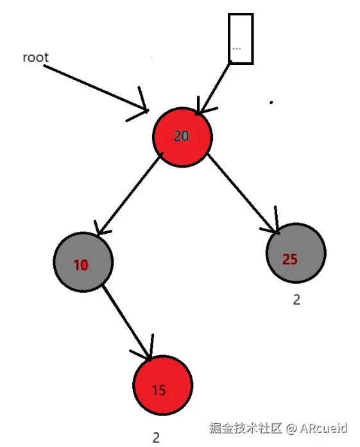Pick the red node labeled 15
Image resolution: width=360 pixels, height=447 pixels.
(x=162, y=385)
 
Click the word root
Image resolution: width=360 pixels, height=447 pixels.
(x=35, y=58)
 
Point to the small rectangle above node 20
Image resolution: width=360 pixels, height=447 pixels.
(x=241, y=39)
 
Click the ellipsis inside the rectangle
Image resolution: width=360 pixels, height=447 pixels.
(x=237, y=49)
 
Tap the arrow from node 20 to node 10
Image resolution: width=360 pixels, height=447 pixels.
(x=128, y=193)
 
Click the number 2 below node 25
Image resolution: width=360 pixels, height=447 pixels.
(x=296, y=300)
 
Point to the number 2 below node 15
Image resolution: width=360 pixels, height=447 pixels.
(x=156, y=438)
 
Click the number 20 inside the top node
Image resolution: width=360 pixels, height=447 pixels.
(x=182, y=136)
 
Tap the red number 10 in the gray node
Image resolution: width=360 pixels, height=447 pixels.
(x=81, y=265)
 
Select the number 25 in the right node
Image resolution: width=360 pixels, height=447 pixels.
(x=290, y=259)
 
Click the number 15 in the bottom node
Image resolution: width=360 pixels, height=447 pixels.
(x=159, y=390)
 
